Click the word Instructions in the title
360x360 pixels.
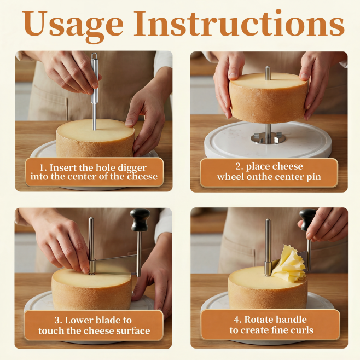pos(239,23)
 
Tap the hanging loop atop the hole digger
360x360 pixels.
pos(94,56)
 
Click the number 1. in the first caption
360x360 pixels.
pos(43,168)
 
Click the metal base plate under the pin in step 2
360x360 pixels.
pos(268,138)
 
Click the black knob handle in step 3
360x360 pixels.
pos(140,220)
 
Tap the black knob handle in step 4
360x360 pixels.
pos(307,219)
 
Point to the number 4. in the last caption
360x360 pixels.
pos(237,320)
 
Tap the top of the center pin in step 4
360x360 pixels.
pos(268,220)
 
